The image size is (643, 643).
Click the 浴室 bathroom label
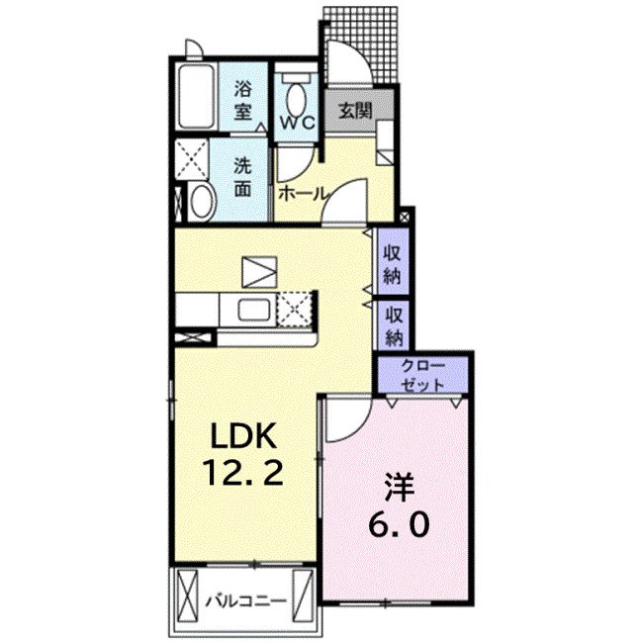[x=242, y=101]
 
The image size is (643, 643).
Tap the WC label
[x=298, y=122]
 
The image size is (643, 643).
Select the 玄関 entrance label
[x=355, y=111]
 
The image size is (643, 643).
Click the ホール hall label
[x=304, y=193]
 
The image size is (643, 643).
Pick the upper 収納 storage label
[x=392, y=265]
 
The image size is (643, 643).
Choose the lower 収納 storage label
[x=393, y=326]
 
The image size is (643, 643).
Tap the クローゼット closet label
[x=422, y=375]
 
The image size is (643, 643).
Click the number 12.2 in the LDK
[x=242, y=472]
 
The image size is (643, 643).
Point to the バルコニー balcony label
[x=245, y=601]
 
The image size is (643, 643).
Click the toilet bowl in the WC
[x=296, y=100]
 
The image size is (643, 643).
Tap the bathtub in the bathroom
[x=197, y=97]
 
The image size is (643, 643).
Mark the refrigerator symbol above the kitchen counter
[x=259, y=271]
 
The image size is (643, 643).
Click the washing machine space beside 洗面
[x=192, y=158]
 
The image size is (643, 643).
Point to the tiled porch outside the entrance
[x=361, y=45]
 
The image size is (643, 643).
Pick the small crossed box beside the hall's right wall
[x=404, y=217]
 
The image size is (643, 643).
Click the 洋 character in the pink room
[x=399, y=487]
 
